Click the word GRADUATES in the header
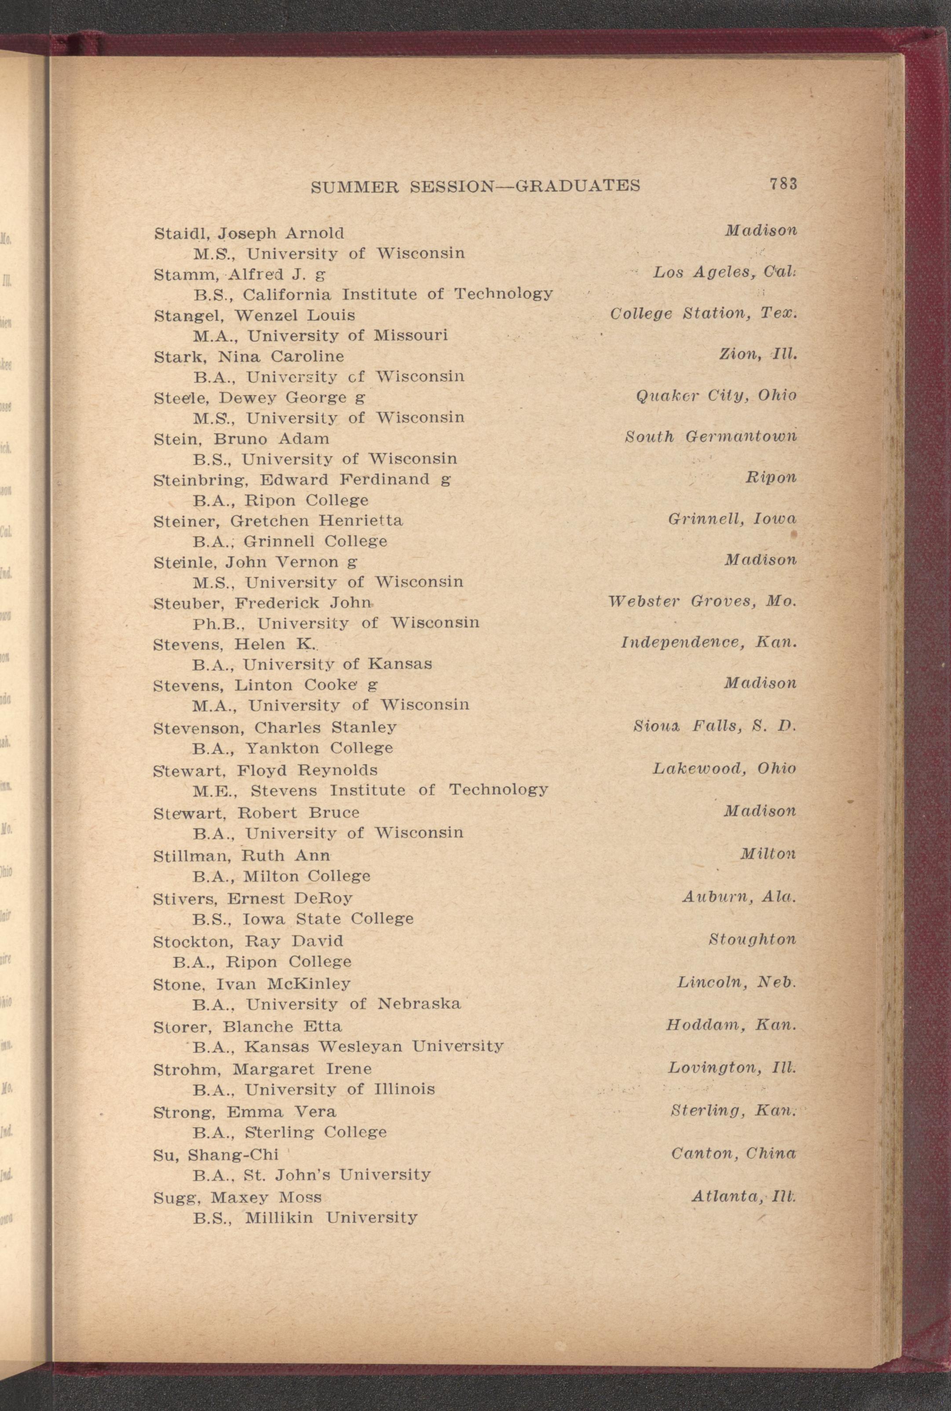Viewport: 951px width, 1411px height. click(577, 186)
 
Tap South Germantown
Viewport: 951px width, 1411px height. click(710, 437)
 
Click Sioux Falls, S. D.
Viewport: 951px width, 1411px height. click(714, 726)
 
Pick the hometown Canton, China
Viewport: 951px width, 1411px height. click(733, 1153)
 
